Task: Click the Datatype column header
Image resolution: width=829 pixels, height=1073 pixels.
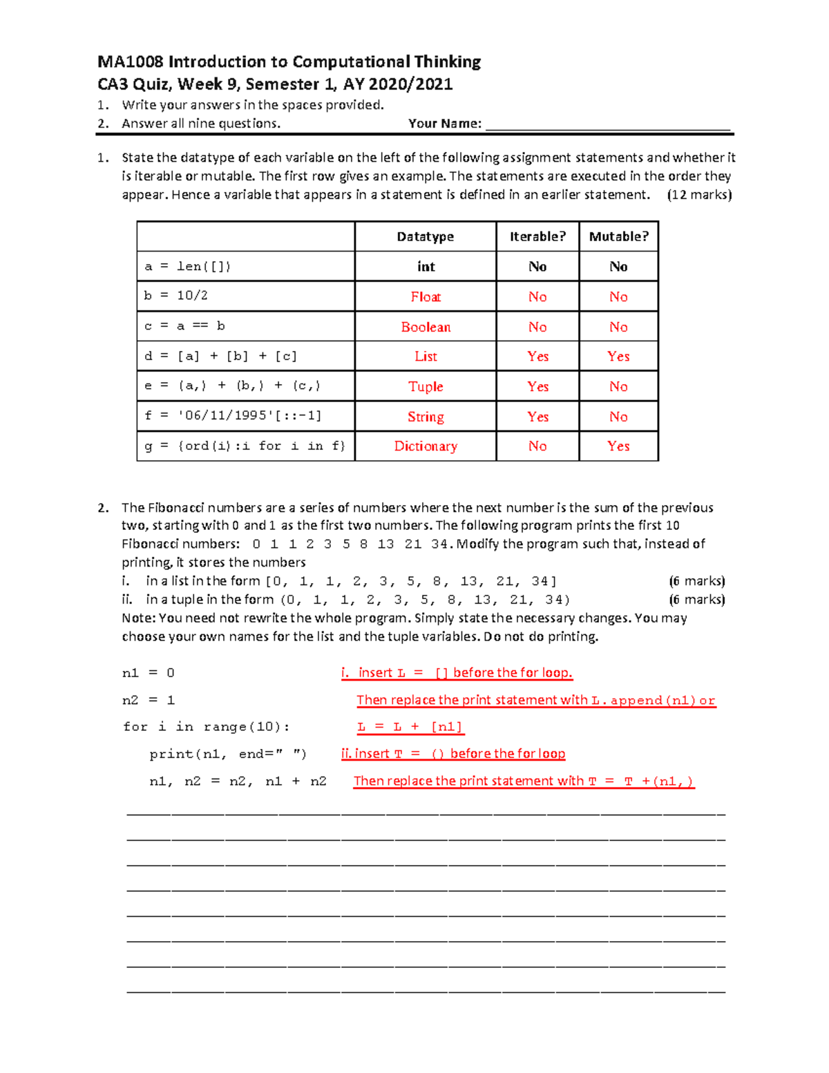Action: click(x=425, y=236)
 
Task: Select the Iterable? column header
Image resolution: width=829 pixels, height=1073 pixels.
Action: click(x=537, y=236)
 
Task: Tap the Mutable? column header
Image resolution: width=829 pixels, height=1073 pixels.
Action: click(x=618, y=236)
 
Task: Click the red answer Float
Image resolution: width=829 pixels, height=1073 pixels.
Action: click(x=426, y=296)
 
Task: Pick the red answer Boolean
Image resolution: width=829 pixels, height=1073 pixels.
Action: click(x=426, y=327)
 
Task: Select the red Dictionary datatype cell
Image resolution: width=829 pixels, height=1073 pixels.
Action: click(x=426, y=446)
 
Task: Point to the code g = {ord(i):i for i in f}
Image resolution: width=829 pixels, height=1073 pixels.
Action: click(x=245, y=446)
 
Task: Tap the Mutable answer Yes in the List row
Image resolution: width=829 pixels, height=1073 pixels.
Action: click(x=618, y=357)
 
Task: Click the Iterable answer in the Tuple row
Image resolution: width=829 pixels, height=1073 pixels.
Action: click(x=537, y=386)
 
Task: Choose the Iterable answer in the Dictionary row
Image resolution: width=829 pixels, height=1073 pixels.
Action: click(x=537, y=446)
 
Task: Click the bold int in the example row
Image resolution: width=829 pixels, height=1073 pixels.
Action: click(x=426, y=267)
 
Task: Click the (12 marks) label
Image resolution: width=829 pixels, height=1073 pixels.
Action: click(x=699, y=195)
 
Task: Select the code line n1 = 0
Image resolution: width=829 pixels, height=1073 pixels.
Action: click(x=149, y=673)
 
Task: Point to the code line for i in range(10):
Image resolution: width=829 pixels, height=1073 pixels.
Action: click(x=207, y=727)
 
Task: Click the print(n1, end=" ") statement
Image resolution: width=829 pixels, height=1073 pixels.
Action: click(x=228, y=754)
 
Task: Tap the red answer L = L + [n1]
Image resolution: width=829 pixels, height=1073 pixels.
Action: click(x=410, y=727)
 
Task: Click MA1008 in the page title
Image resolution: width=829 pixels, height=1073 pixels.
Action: click(x=131, y=62)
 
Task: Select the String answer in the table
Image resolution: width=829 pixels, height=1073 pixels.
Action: click(x=426, y=417)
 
